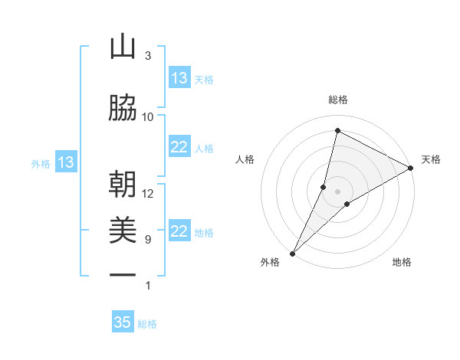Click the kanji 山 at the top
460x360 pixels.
pyautogui.click(x=123, y=47)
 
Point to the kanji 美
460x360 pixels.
pyautogui.click(x=123, y=231)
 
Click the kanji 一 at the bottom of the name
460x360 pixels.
pyautogui.click(x=123, y=275)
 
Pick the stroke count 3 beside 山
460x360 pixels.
pyautogui.click(x=148, y=56)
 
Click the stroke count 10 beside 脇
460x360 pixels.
pyautogui.click(x=148, y=116)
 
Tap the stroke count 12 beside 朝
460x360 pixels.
pyautogui.click(x=148, y=193)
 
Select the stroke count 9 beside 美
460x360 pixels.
pyautogui.click(x=148, y=239)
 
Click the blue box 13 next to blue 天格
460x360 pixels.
pyautogui.click(x=179, y=78)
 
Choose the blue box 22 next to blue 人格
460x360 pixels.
pyautogui.click(x=179, y=148)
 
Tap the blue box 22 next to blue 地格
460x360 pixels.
pyautogui.click(x=179, y=232)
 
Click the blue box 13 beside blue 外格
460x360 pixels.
pyautogui.click(x=66, y=162)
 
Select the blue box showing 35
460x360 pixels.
pyautogui.click(x=123, y=322)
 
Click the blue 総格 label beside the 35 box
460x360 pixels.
pyautogui.click(x=147, y=324)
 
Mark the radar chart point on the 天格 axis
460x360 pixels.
pyautogui.click(x=411, y=169)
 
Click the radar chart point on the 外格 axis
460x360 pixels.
pyautogui.click(x=292, y=253)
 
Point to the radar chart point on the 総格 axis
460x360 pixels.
pyautogui.click(x=337, y=131)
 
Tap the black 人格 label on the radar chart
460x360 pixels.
pyautogui.click(x=245, y=159)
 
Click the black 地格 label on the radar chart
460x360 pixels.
pyautogui.click(x=402, y=262)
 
